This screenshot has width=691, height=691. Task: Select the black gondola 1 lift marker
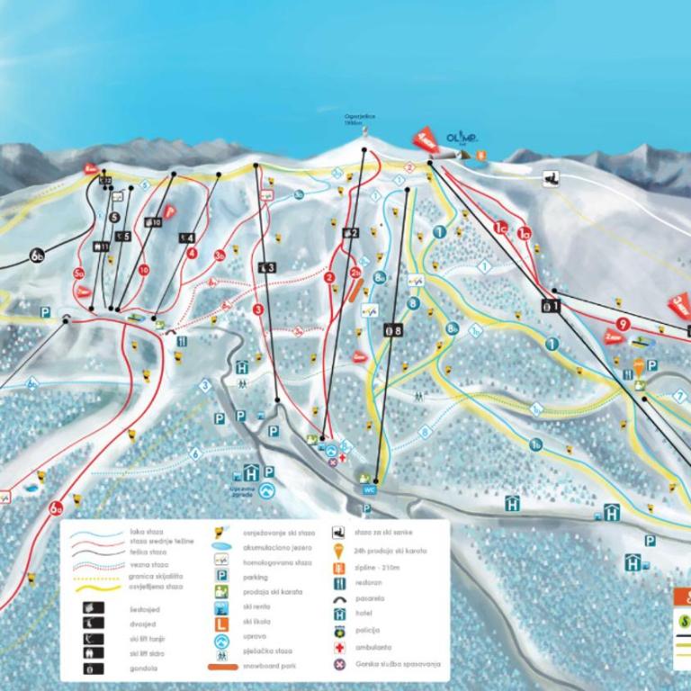tap(550, 306)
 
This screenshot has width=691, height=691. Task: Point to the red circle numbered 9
tap(622, 324)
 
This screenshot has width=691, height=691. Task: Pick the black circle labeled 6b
tap(37, 256)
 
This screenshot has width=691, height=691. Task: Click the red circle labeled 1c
tap(501, 229)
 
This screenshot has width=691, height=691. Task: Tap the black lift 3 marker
tap(266, 267)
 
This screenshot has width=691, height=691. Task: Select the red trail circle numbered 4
tap(192, 253)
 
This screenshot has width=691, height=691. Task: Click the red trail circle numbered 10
tap(143, 269)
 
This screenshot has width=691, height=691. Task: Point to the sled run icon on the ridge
tap(552, 178)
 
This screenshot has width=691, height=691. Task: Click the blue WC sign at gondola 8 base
tap(368, 489)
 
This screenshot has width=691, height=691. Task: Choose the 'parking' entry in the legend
tap(256, 578)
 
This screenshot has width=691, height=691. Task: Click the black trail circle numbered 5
tap(113, 217)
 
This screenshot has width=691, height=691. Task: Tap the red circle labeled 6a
tap(57, 508)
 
